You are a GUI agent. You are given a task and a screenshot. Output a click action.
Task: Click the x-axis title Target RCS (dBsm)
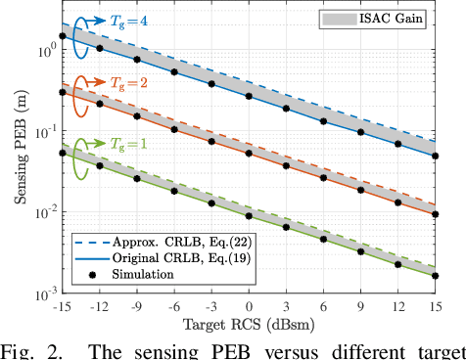(x=249, y=320)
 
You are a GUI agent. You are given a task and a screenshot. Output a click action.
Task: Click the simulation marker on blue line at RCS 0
(x=249, y=96)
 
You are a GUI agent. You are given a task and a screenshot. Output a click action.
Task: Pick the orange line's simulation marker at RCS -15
(x=63, y=92)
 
